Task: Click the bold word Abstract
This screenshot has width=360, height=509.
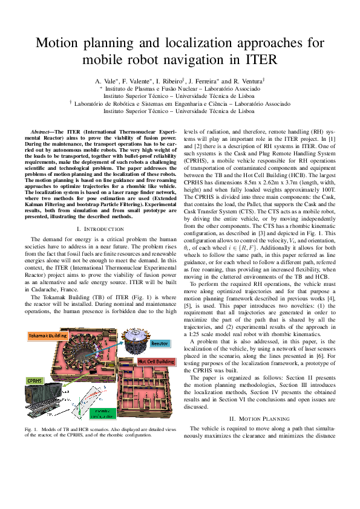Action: coord(42,131)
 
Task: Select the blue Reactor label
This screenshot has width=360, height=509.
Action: coord(159,343)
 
